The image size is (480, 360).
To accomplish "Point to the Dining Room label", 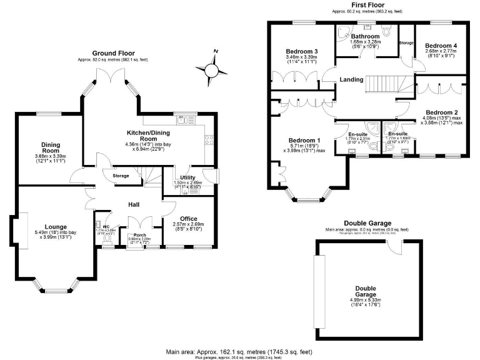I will pos(51,147).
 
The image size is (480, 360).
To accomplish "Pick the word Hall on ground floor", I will pos(134,204).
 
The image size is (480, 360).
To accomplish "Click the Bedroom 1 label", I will pos(304,140).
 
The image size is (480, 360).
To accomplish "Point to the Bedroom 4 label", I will pos(441,46).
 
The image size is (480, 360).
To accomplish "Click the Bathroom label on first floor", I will pos(365,36).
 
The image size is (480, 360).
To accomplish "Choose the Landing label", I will pos(352,79).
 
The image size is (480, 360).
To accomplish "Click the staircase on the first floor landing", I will pos(383,82).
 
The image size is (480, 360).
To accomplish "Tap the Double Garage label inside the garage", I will pos(366,291).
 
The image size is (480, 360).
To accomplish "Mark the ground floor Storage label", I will pos(121,176).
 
